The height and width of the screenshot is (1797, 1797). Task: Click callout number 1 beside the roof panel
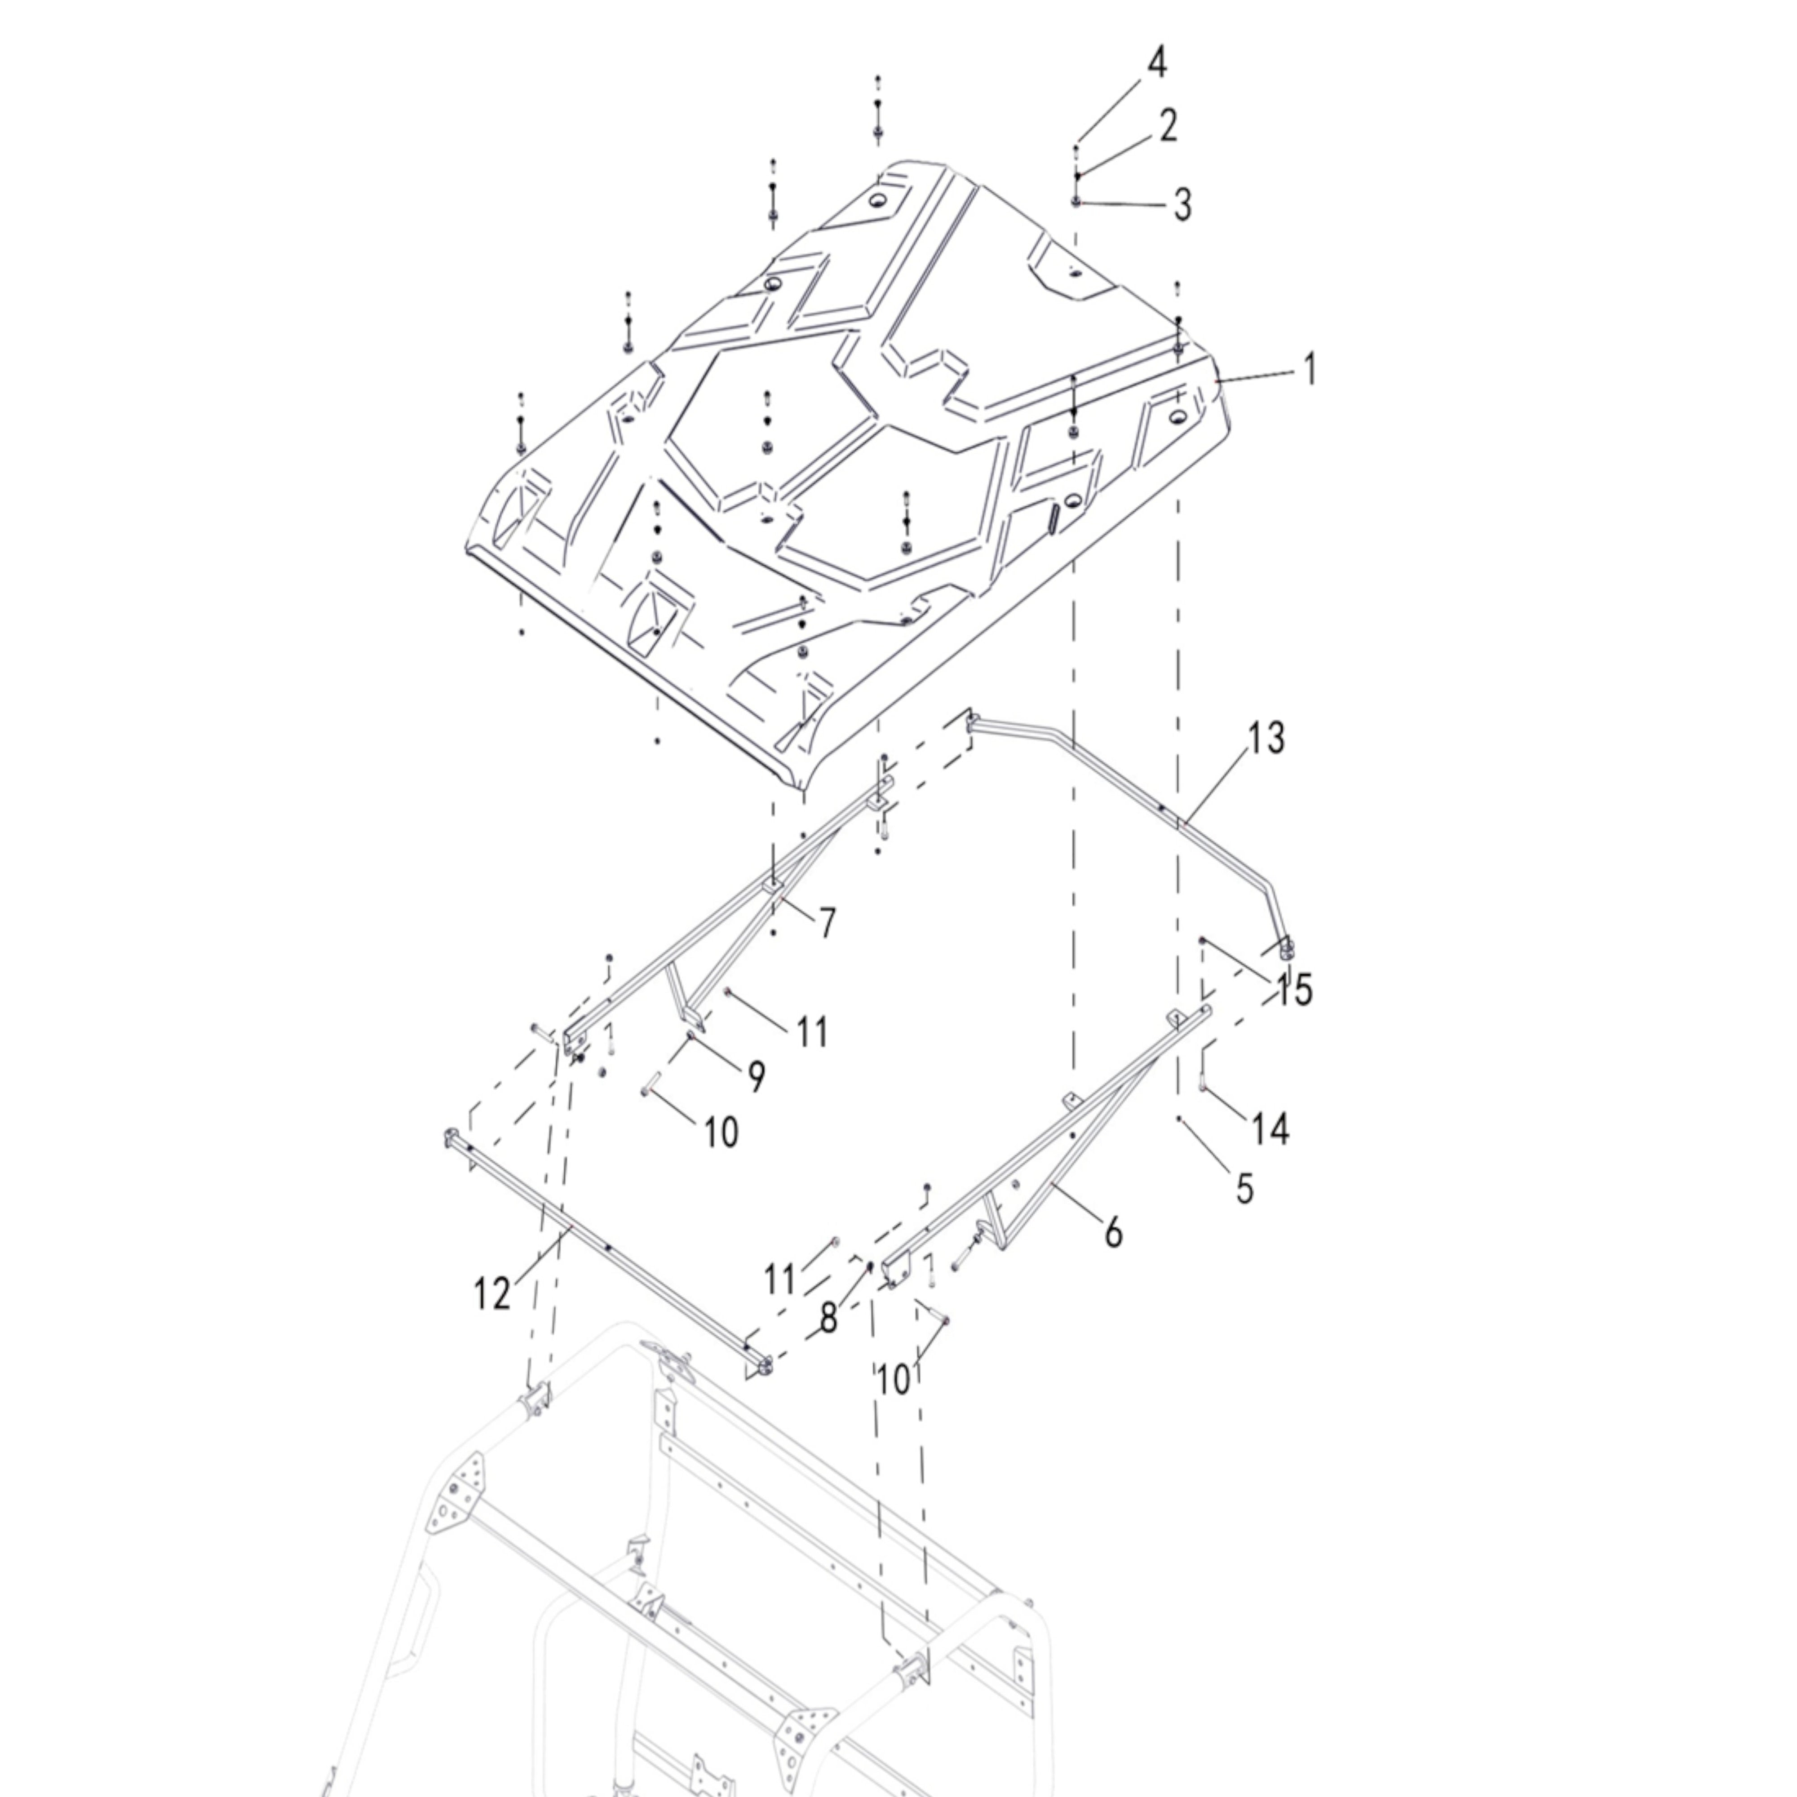coord(1310,369)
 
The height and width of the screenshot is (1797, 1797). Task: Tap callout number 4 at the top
coord(1156,63)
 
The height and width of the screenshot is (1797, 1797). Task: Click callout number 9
coord(756,1076)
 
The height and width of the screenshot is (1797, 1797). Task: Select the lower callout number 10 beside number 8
coord(894,1379)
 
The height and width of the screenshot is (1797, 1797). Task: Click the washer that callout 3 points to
coord(1076,202)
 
